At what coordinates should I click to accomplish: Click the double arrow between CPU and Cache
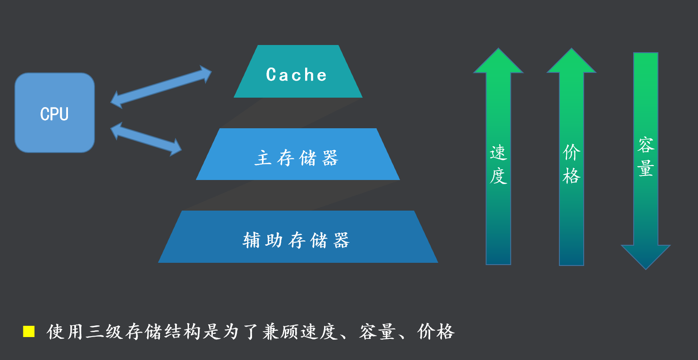point(161,87)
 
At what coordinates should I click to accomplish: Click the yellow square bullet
point(29,332)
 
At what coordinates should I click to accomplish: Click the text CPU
point(54,114)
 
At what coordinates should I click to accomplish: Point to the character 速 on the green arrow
point(499,153)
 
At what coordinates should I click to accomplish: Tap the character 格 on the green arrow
point(572,175)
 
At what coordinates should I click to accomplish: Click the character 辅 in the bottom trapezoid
point(252,240)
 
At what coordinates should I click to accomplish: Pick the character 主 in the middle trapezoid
point(263,158)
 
